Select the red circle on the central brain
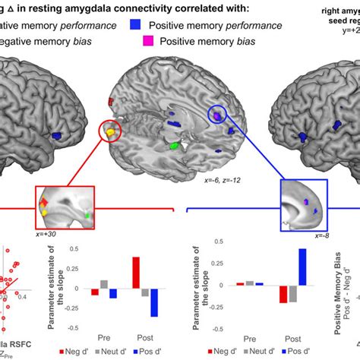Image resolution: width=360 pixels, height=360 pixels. (112, 131)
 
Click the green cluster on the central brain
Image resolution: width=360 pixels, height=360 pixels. (175, 144)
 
